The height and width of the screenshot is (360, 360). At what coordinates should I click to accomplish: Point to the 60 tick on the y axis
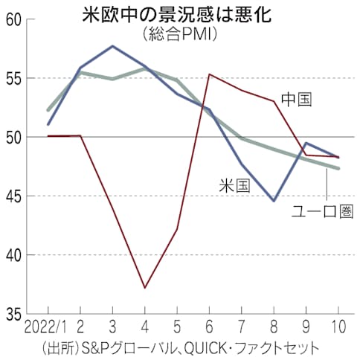[x=12, y=19]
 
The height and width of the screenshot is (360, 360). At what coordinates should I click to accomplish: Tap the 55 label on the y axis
[x=12, y=78]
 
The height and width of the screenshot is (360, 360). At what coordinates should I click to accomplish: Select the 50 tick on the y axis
[x=12, y=137]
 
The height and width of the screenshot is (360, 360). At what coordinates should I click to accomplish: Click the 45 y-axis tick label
[x=12, y=196]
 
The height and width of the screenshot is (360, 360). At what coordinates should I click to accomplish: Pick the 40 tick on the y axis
[x=12, y=254]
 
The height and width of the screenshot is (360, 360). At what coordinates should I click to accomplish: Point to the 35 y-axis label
[x=12, y=313]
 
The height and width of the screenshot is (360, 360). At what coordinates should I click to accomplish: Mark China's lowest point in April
[x=144, y=288]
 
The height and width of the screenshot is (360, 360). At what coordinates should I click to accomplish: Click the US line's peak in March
[x=112, y=46]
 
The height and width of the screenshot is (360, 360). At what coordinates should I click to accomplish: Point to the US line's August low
[x=274, y=201]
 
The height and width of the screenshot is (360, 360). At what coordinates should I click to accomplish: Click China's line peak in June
[x=210, y=74]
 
